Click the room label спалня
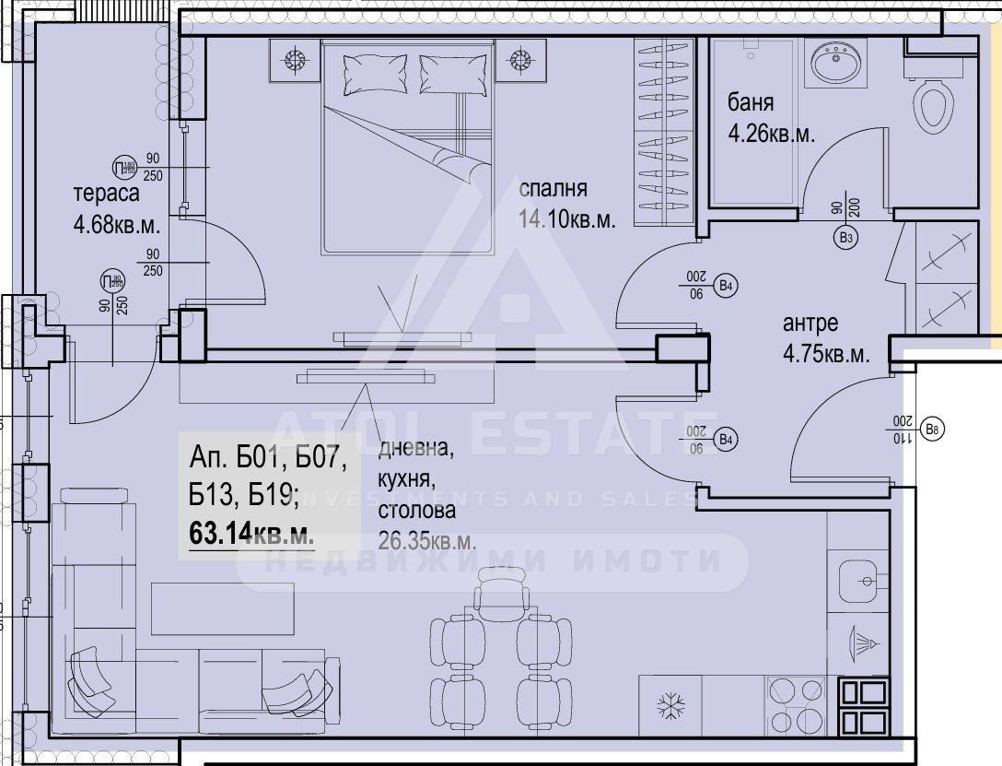click(553, 190)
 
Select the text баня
click(750, 102)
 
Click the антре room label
click(810, 324)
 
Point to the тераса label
click(106, 194)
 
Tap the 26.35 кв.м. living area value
click(427, 541)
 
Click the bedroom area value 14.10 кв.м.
click(567, 219)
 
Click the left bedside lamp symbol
click(296, 62)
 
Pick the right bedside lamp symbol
click(520, 62)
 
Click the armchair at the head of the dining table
click(500, 590)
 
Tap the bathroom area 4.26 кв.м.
click(772, 133)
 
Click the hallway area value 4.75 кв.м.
click(826, 354)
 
